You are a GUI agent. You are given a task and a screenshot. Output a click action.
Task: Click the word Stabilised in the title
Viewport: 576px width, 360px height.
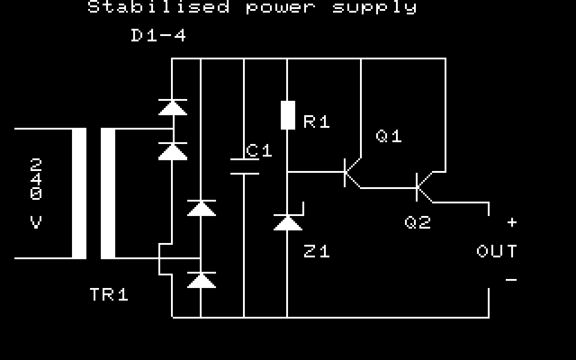[x=158, y=7]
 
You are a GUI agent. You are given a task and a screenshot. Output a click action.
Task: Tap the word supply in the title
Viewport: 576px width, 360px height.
[x=375, y=8]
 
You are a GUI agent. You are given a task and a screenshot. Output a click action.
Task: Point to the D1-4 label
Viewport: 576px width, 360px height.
[x=158, y=35]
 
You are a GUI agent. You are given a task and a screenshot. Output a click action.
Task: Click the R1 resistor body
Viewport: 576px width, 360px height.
[x=288, y=115]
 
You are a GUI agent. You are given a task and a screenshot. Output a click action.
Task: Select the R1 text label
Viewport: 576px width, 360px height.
[x=317, y=122]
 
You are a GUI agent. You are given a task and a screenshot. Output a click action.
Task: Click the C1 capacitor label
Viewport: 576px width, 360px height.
[x=259, y=151]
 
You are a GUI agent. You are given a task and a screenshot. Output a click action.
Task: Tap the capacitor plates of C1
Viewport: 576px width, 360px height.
[x=245, y=166]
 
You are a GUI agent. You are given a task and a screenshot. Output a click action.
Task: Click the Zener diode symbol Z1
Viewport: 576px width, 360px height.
[x=288, y=222]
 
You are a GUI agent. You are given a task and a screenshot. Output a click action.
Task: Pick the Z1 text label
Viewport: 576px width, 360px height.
[x=317, y=251]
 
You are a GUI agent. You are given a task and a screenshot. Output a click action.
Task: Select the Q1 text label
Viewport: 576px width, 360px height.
[x=389, y=136]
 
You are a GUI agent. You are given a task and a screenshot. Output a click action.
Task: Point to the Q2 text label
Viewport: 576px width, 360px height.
[x=418, y=223]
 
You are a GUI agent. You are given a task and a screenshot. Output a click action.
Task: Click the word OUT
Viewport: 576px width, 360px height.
[x=497, y=251]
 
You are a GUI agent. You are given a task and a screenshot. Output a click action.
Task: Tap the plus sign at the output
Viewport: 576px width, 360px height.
[x=512, y=223]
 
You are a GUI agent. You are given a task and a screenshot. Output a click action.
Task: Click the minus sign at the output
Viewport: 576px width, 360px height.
[x=511, y=280]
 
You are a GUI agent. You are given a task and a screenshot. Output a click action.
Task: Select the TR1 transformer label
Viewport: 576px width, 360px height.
[x=109, y=295]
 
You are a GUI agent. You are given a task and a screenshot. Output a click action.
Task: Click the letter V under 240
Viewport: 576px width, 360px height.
[x=37, y=223]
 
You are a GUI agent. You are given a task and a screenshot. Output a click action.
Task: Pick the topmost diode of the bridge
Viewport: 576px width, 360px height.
[x=173, y=107]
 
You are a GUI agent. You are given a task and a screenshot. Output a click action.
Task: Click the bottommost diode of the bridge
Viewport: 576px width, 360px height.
[x=201, y=280]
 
